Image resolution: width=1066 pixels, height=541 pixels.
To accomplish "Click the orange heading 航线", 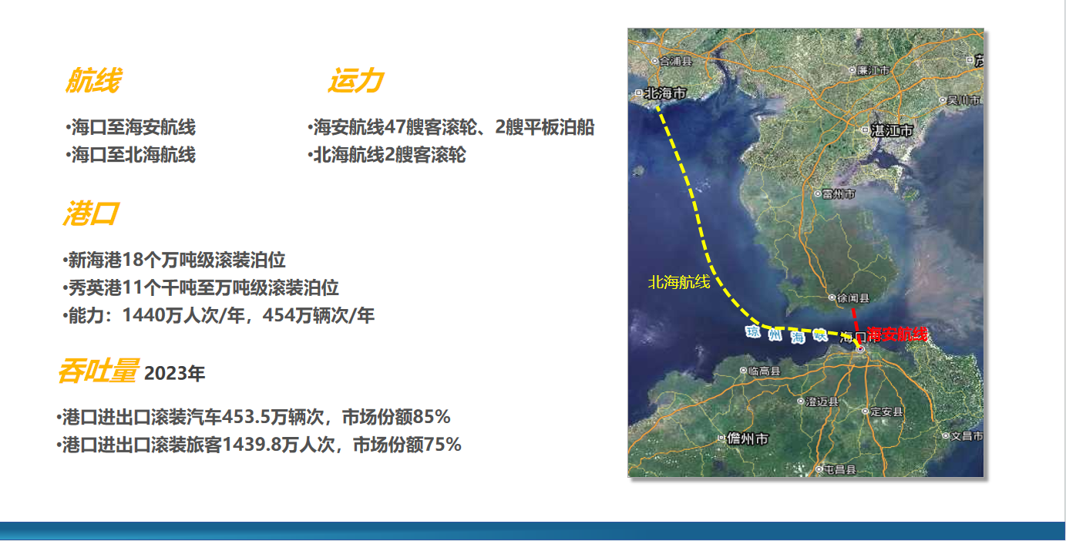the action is [x=94, y=80].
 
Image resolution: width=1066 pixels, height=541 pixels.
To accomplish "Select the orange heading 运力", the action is [x=355, y=80].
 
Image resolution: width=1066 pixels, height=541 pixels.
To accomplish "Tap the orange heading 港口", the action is [x=90, y=213].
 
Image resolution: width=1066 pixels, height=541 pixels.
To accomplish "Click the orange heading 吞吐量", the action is [x=99, y=371].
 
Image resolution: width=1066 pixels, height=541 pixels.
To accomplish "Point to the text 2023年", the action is [x=174, y=374].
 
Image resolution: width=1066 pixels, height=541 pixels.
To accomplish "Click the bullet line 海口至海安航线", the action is [x=130, y=127].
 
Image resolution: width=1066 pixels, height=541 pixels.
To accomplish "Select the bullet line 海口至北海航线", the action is [x=130, y=155].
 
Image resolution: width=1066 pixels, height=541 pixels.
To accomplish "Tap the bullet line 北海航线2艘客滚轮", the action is [x=386, y=155].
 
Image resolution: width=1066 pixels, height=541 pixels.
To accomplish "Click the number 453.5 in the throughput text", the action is [x=247, y=417].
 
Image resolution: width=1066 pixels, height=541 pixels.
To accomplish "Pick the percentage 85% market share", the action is [x=431, y=417].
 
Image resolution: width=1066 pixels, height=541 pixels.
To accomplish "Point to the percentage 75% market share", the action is [x=442, y=445].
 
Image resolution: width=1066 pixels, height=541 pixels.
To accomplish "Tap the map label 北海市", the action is [x=665, y=93].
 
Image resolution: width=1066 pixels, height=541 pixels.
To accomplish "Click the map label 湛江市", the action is [x=892, y=130].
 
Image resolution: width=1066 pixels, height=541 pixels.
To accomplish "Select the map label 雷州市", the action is [x=839, y=194].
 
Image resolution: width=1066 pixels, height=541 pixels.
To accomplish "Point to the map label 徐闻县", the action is [x=853, y=298].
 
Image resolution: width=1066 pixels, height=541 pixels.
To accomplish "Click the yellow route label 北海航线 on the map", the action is [x=679, y=282].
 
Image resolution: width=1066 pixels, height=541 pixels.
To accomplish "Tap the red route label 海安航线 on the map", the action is [x=897, y=334].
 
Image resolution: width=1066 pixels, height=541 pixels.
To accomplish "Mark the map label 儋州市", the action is [x=748, y=439].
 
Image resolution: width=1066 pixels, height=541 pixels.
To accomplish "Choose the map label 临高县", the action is [x=765, y=371].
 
